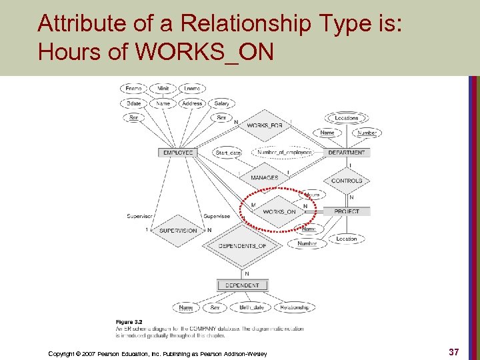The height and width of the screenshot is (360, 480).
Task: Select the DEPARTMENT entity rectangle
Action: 347,153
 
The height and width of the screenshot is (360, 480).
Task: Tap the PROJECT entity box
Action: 347,211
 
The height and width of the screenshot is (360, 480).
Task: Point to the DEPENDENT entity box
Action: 242,285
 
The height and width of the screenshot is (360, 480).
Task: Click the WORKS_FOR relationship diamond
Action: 265,125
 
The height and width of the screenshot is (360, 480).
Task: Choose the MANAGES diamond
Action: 265,178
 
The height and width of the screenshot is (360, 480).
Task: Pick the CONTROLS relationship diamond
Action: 347,181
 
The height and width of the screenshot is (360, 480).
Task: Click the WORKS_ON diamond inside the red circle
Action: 279,211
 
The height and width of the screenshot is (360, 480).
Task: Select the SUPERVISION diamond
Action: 178,231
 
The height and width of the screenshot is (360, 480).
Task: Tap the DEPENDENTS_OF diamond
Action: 242,246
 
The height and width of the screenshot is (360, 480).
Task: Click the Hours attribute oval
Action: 311,195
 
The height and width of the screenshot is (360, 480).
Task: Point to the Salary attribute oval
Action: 222,103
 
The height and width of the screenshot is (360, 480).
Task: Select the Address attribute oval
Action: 192,103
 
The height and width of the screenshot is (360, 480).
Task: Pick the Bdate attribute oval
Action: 133,103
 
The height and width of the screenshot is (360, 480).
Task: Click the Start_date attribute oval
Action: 228,153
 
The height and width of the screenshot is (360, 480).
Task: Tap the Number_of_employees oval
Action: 285,153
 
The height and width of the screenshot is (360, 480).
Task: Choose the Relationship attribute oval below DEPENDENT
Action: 294,307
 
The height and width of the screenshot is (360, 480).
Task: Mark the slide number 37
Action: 453,351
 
